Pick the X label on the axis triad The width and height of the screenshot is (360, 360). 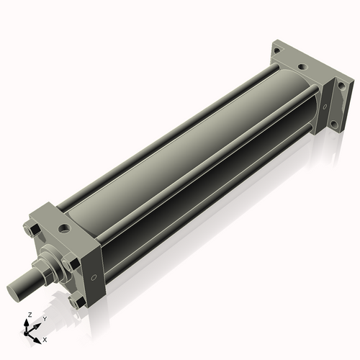tap(45, 338)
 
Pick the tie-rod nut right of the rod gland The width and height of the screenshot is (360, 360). tap(69, 264)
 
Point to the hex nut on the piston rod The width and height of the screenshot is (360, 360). tap(45, 271)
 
